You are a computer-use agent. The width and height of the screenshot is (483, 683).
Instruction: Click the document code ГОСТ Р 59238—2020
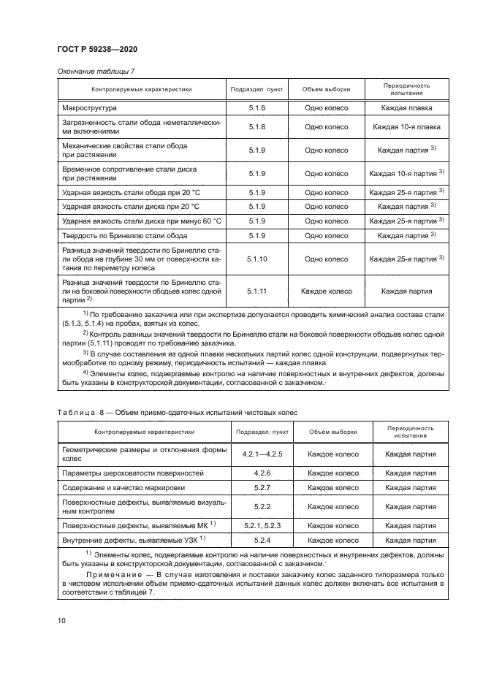[96, 48]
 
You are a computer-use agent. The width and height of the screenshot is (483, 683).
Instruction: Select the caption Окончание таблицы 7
[95, 71]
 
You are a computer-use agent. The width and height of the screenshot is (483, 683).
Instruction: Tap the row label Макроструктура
[90, 107]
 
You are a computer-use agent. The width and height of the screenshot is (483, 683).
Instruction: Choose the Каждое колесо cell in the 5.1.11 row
[326, 291]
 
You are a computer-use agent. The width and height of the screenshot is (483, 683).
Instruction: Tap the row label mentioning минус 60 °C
[141, 221]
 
